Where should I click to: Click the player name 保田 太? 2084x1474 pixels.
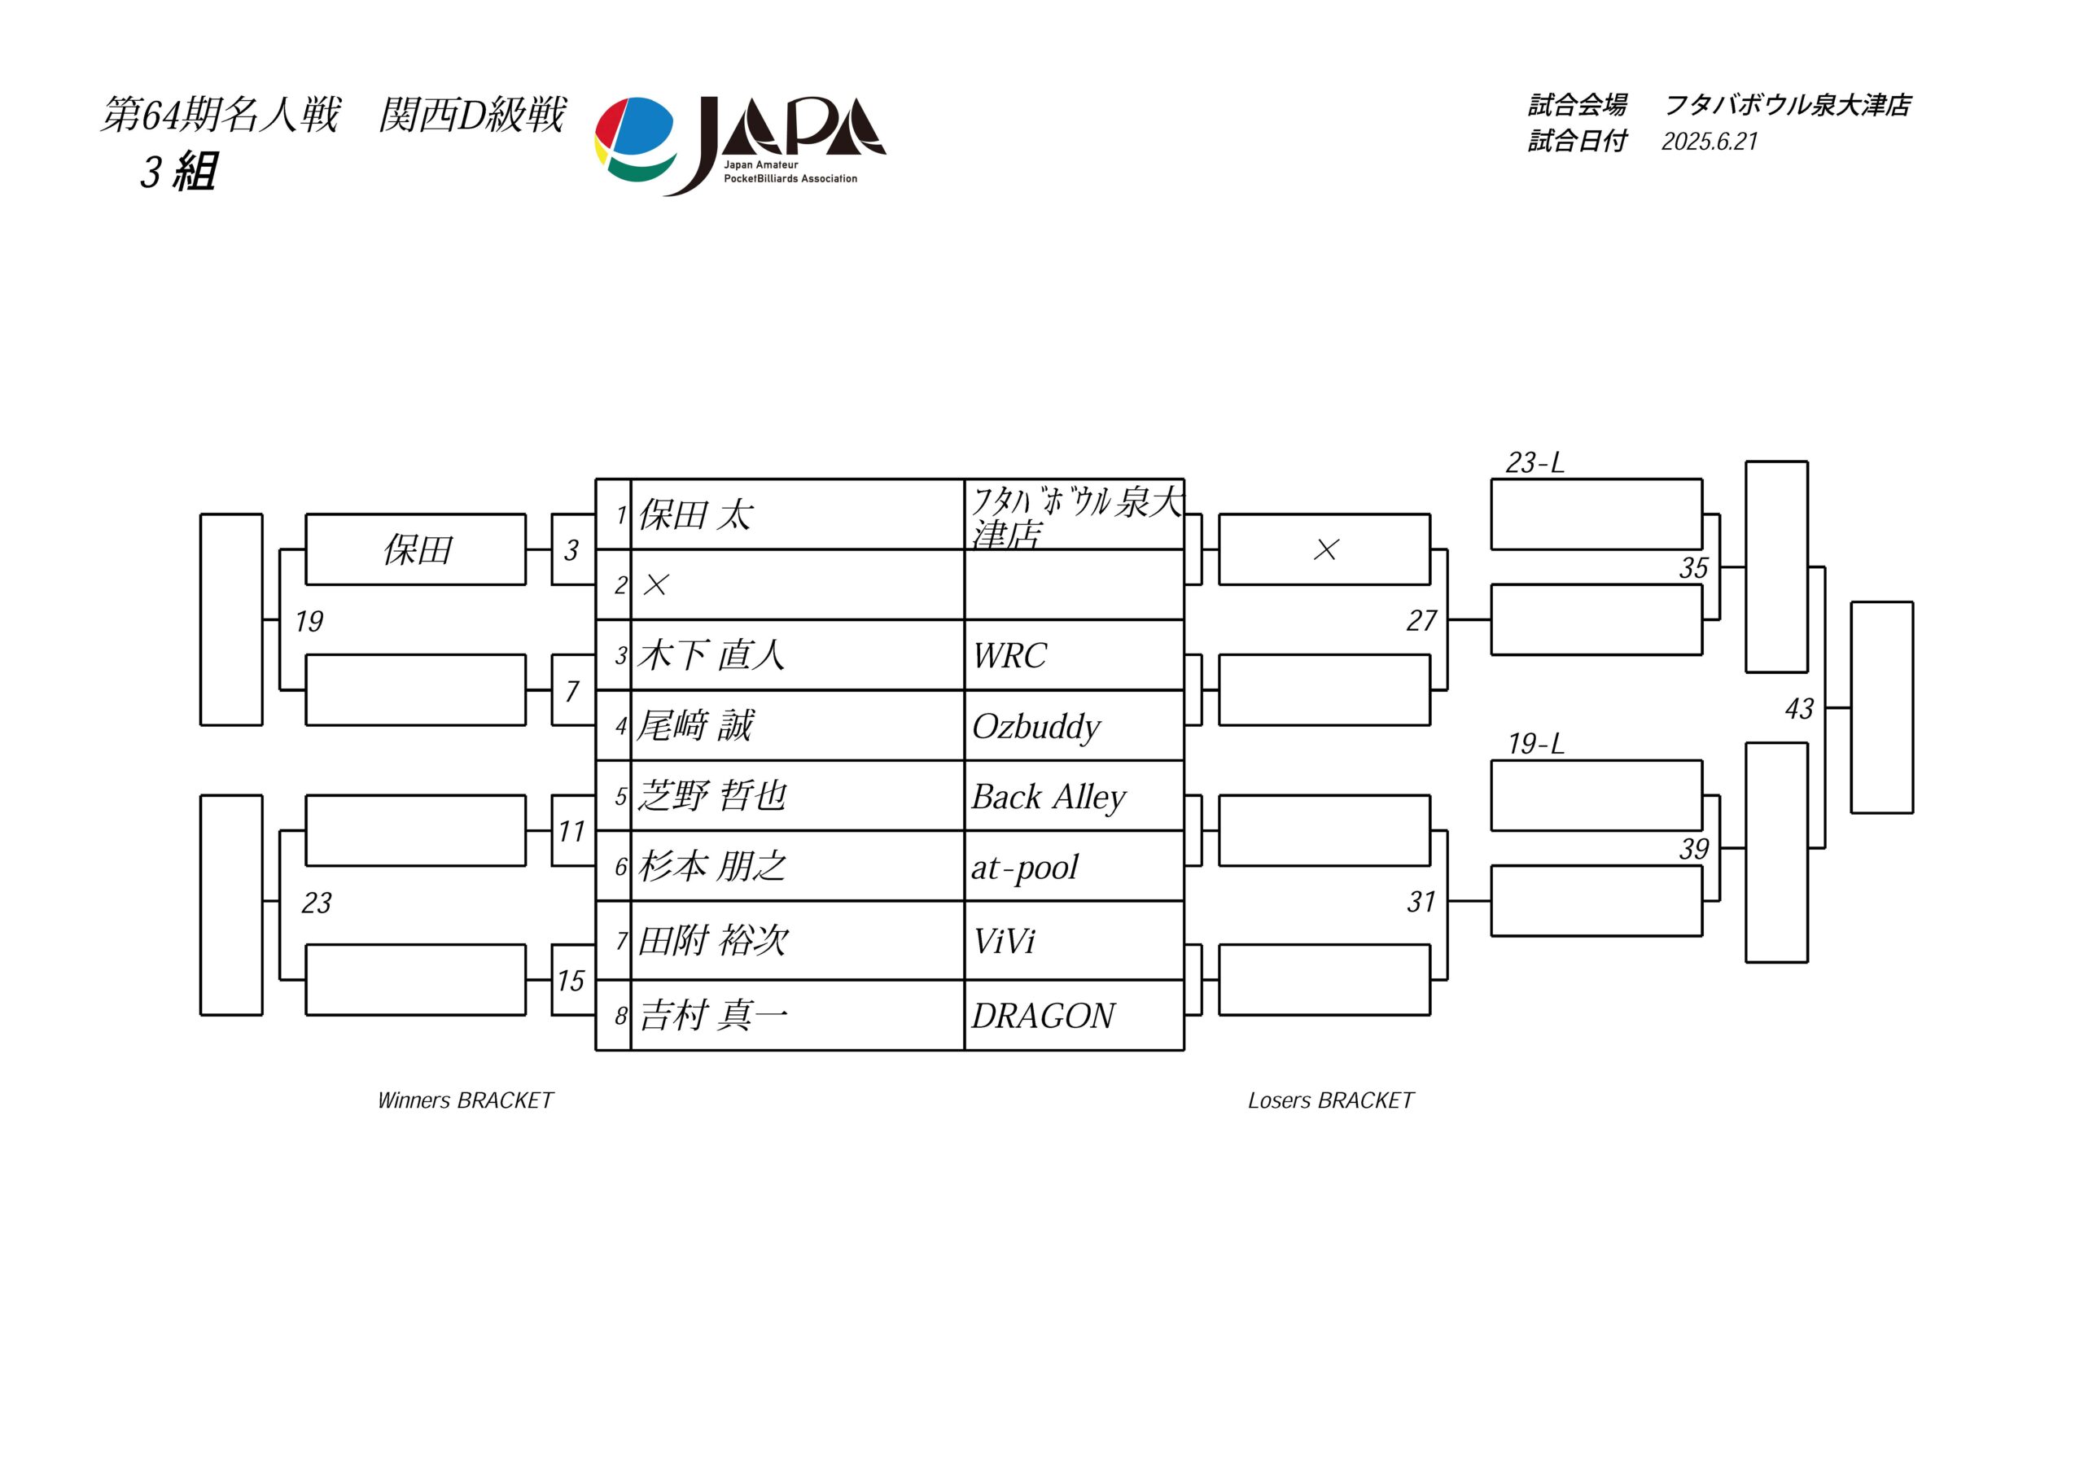pyautogui.click(x=695, y=514)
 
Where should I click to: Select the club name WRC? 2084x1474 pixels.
pyautogui.click(x=1009, y=655)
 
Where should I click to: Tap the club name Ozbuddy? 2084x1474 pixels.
pyautogui.click(x=1035, y=726)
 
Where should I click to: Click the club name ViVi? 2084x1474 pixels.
pyautogui.click(x=1004, y=941)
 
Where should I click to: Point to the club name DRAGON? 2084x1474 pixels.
pyautogui.click(x=1043, y=1016)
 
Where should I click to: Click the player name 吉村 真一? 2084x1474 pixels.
pyautogui.click(x=713, y=1015)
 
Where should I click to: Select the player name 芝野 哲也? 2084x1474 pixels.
pyautogui.click(x=712, y=796)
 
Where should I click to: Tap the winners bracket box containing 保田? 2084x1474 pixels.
pyautogui.click(x=416, y=549)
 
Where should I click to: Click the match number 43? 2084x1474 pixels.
pyautogui.click(x=1799, y=709)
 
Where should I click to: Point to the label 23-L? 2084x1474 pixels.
pyautogui.click(x=1535, y=463)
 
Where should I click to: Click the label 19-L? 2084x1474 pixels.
pyautogui.click(x=1536, y=744)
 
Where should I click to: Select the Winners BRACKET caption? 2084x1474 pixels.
pyautogui.click(x=466, y=1100)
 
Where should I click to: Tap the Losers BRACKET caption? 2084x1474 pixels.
pyautogui.click(x=1331, y=1100)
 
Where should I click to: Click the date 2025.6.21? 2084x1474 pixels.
pyautogui.click(x=1710, y=142)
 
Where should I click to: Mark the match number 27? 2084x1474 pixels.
pyautogui.click(x=1421, y=621)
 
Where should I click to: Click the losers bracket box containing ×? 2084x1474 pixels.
pyautogui.click(x=1324, y=549)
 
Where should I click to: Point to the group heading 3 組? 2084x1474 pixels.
pyautogui.click(x=179, y=172)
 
